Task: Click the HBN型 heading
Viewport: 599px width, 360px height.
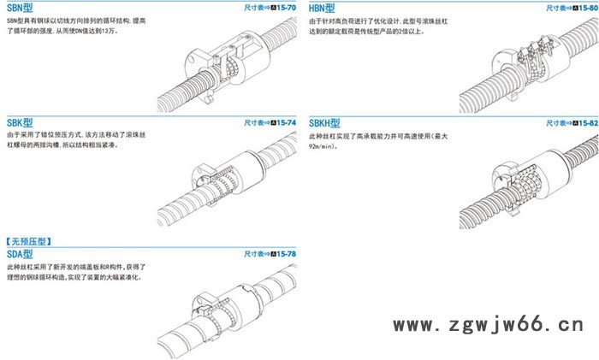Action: pos(323,8)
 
